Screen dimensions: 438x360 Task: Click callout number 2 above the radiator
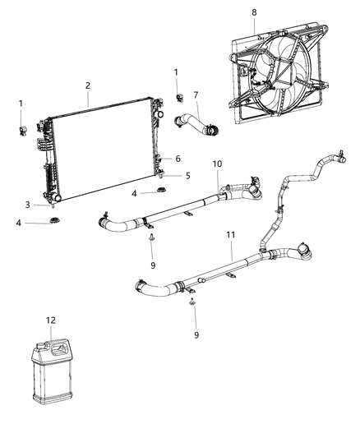pyautogui.click(x=88, y=85)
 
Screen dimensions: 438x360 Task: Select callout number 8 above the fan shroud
pyautogui.click(x=254, y=12)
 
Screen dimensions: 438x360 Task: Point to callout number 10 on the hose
pyautogui.click(x=218, y=164)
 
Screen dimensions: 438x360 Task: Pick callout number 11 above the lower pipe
pyautogui.click(x=231, y=235)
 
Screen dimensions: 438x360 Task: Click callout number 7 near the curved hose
pyautogui.click(x=196, y=95)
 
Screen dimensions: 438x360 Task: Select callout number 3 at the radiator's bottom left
pyautogui.click(x=27, y=205)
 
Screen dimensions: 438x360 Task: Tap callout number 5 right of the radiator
pyautogui.click(x=187, y=175)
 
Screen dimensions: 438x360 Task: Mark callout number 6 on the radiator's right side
pyautogui.click(x=178, y=159)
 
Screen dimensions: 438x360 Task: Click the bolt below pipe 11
pyautogui.click(x=191, y=305)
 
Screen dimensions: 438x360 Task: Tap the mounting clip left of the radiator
pyautogui.click(x=23, y=129)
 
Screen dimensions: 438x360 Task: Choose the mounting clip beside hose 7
pyautogui.click(x=178, y=98)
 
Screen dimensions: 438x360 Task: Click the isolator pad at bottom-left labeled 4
pyautogui.click(x=54, y=223)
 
